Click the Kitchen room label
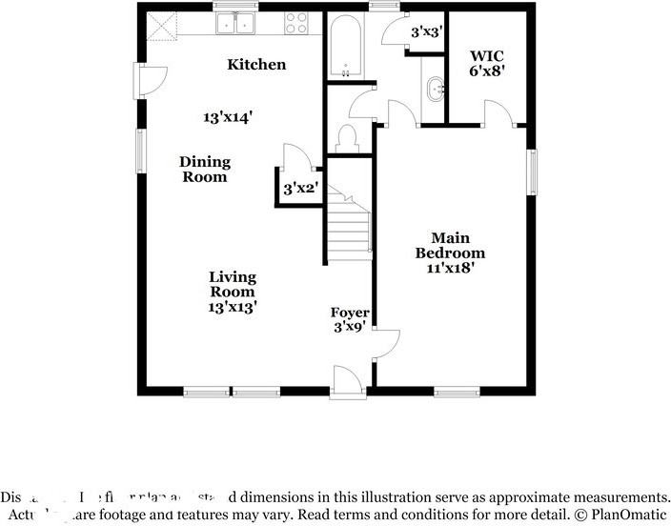pyautogui.click(x=256, y=65)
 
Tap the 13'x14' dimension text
pyautogui.click(x=228, y=117)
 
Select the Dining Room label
pyautogui.click(x=204, y=170)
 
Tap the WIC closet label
pyautogui.click(x=486, y=63)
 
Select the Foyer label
pyautogui.click(x=350, y=320)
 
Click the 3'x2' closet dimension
pyautogui.click(x=299, y=189)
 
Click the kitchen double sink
pyautogui.click(x=235, y=23)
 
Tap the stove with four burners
pyautogui.click(x=296, y=23)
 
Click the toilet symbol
pyautogui.click(x=348, y=138)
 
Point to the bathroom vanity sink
pyautogui.click(x=436, y=91)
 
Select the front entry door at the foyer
pyautogui.click(x=347, y=381)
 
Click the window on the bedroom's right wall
pyautogui.click(x=533, y=171)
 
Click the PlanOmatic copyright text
pyautogui.click(x=620, y=516)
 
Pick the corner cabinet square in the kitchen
pyautogui.click(x=161, y=23)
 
